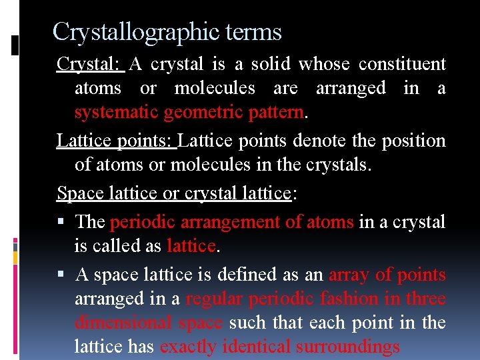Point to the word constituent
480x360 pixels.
point(402,64)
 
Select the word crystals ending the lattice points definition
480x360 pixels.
point(338,165)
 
